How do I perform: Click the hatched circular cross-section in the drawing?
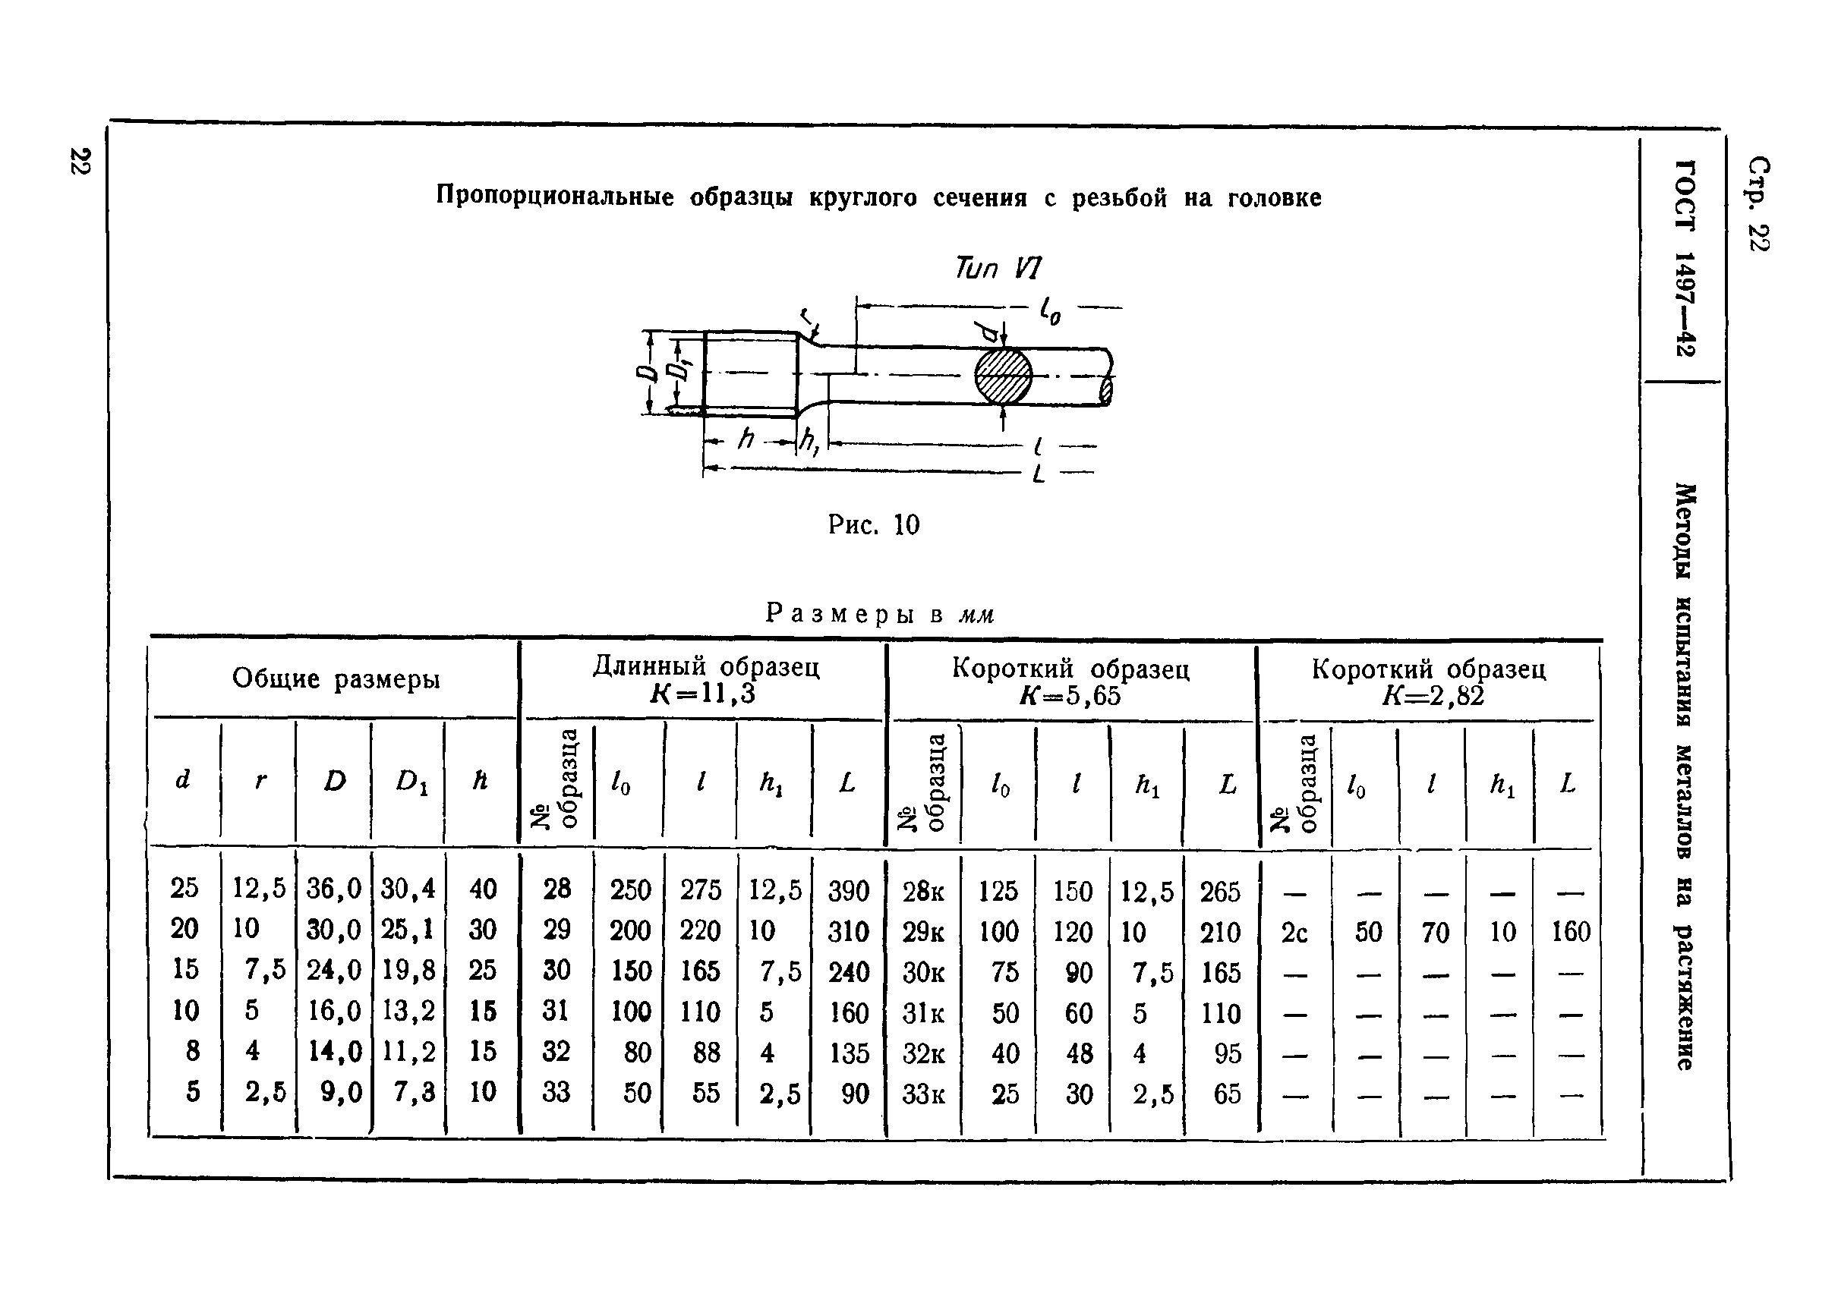[1003, 376]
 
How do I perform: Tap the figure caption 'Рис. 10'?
[874, 525]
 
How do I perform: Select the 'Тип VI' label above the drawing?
[998, 267]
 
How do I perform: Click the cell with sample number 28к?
[923, 891]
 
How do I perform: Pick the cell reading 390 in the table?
[849, 890]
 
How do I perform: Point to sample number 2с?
[1294, 932]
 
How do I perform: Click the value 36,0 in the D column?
[334, 889]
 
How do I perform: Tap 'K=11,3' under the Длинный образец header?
[702, 693]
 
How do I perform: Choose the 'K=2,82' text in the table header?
[1433, 696]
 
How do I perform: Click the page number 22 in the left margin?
[80, 160]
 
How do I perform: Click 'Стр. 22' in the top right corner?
[1759, 203]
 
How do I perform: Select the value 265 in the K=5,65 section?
[1220, 891]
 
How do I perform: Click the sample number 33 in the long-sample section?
[556, 1092]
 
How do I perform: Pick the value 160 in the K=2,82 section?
[1570, 932]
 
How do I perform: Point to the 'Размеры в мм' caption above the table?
[879, 614]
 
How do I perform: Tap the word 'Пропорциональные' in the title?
[555, 196]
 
